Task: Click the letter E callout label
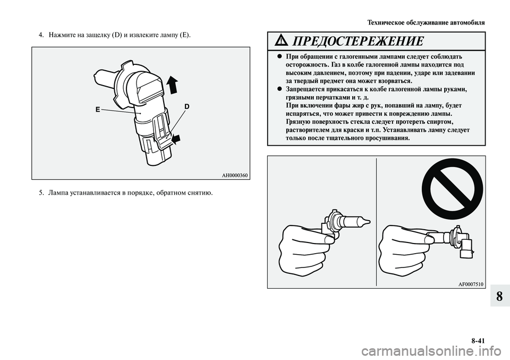coord(98,110)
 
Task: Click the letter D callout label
coord(186,106)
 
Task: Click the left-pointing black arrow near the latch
coord(176,139)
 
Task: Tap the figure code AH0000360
coord(235,176)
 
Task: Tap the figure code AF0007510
coord(471,284)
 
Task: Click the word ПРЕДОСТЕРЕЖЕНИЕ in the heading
coord(358,41)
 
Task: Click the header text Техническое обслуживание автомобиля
coord(426,23)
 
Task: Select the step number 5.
coord(41,194)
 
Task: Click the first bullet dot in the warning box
coord(279,56)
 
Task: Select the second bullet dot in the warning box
coord(279,89)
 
